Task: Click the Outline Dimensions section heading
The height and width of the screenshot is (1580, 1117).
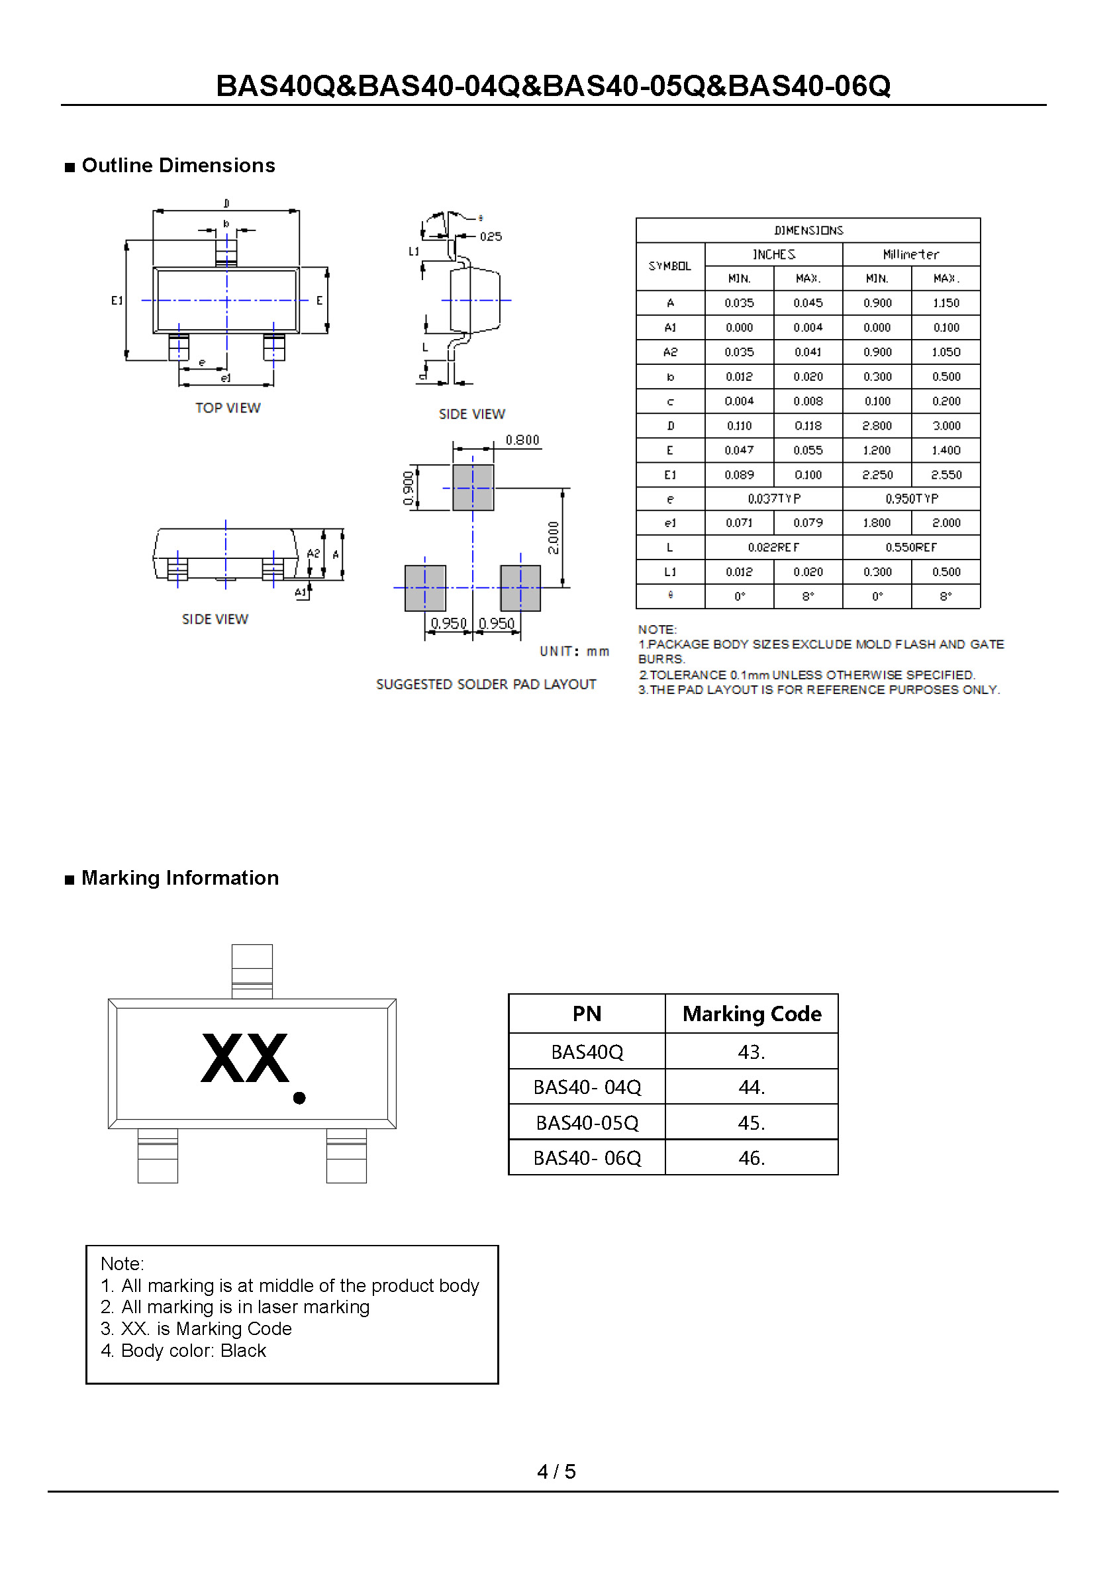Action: point(177,166)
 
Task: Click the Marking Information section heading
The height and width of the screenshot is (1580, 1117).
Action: point(179,878)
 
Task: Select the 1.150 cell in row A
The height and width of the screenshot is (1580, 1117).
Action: point(946,303)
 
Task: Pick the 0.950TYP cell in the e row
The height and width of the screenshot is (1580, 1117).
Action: point(911,498)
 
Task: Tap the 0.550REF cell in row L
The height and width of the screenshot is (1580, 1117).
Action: point(911,547)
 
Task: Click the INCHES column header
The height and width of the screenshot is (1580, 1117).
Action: point(773,255)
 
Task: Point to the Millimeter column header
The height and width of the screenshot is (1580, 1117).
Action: point(911,255)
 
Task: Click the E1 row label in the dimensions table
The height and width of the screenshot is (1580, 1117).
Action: point(669,475)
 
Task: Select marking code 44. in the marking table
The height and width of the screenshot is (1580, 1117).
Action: point(752,1087)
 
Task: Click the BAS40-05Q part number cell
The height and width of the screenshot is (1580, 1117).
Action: point(587,1123)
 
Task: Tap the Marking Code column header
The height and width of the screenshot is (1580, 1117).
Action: point(752,1014)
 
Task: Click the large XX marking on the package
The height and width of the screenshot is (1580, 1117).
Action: point(244,1058)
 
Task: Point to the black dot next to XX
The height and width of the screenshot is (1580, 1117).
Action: point(299,1099)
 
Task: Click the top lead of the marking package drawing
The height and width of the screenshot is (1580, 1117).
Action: point(252,970)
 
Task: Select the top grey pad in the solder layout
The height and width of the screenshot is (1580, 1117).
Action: point(473,488)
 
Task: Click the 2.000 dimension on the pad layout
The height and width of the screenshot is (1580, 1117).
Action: point(554,538)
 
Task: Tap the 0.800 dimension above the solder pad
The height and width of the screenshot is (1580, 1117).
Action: point(522,440)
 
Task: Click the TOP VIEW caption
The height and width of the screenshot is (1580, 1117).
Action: point(228,408)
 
